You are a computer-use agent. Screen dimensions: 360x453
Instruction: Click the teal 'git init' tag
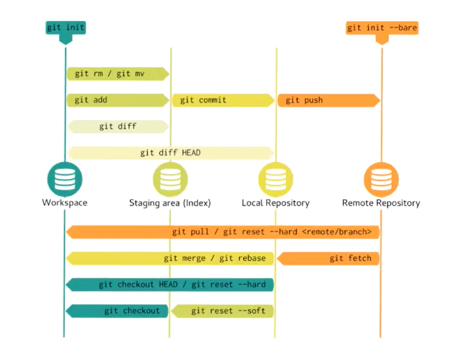(x=66, y=28)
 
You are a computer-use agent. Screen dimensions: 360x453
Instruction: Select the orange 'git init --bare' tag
(x=382, y=28)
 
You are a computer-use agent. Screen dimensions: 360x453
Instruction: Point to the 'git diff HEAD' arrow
(x=170, y=153)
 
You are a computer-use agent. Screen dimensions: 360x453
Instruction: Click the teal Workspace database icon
(x=65, y=179)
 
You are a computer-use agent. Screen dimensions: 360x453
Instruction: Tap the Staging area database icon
(x=170, y=179)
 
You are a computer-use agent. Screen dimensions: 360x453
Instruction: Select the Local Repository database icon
(x=275, y=179)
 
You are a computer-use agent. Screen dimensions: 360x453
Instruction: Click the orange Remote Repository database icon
(x=381, y=179)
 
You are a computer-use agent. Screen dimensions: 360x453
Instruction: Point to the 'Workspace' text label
(x=65, y=202)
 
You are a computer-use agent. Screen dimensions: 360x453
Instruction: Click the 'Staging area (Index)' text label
(x=170, y=203)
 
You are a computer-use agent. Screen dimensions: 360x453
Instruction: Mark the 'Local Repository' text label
(x=275, y=203)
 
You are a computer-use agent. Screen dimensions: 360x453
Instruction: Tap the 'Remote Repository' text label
(x=381, y=203)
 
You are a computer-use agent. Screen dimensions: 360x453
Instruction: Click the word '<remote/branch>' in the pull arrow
(x=336, y=232)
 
